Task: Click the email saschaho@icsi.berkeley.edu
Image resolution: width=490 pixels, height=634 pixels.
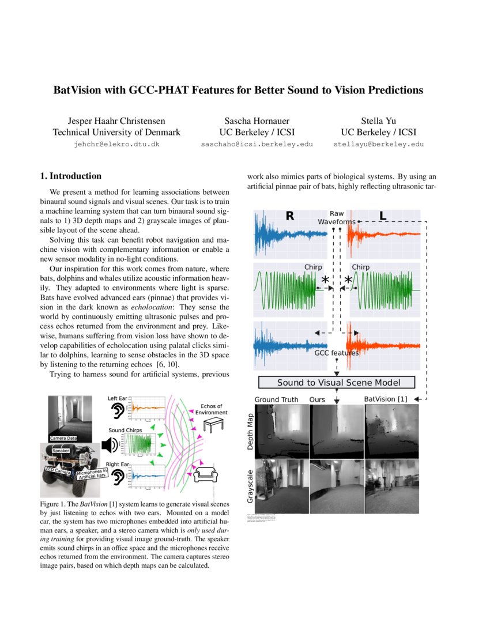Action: click(257, 144)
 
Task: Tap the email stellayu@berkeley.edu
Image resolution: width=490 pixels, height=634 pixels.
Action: click(378, 144)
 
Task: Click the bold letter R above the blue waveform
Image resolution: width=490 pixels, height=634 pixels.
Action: click(289, 217)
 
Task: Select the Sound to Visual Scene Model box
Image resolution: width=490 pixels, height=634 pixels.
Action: click(337, 383)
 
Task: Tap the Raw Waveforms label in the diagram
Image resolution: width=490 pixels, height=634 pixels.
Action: click(337, 217)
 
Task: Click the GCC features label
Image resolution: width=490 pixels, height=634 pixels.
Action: click(337, 353)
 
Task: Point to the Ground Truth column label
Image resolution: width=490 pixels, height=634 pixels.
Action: click(277, 399)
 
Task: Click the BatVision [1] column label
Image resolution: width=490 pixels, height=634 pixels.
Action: click(386, 399)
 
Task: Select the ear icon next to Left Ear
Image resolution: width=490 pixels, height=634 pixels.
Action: click(118, 410)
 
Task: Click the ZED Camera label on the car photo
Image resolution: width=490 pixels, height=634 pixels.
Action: click(57, 471)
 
